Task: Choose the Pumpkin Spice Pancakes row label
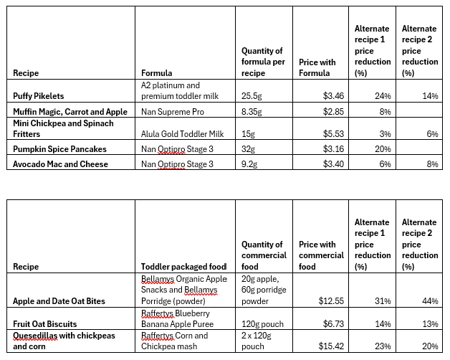click(60, 149)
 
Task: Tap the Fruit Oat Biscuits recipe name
click(45, 323)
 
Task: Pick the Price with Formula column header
click(317, 67)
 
